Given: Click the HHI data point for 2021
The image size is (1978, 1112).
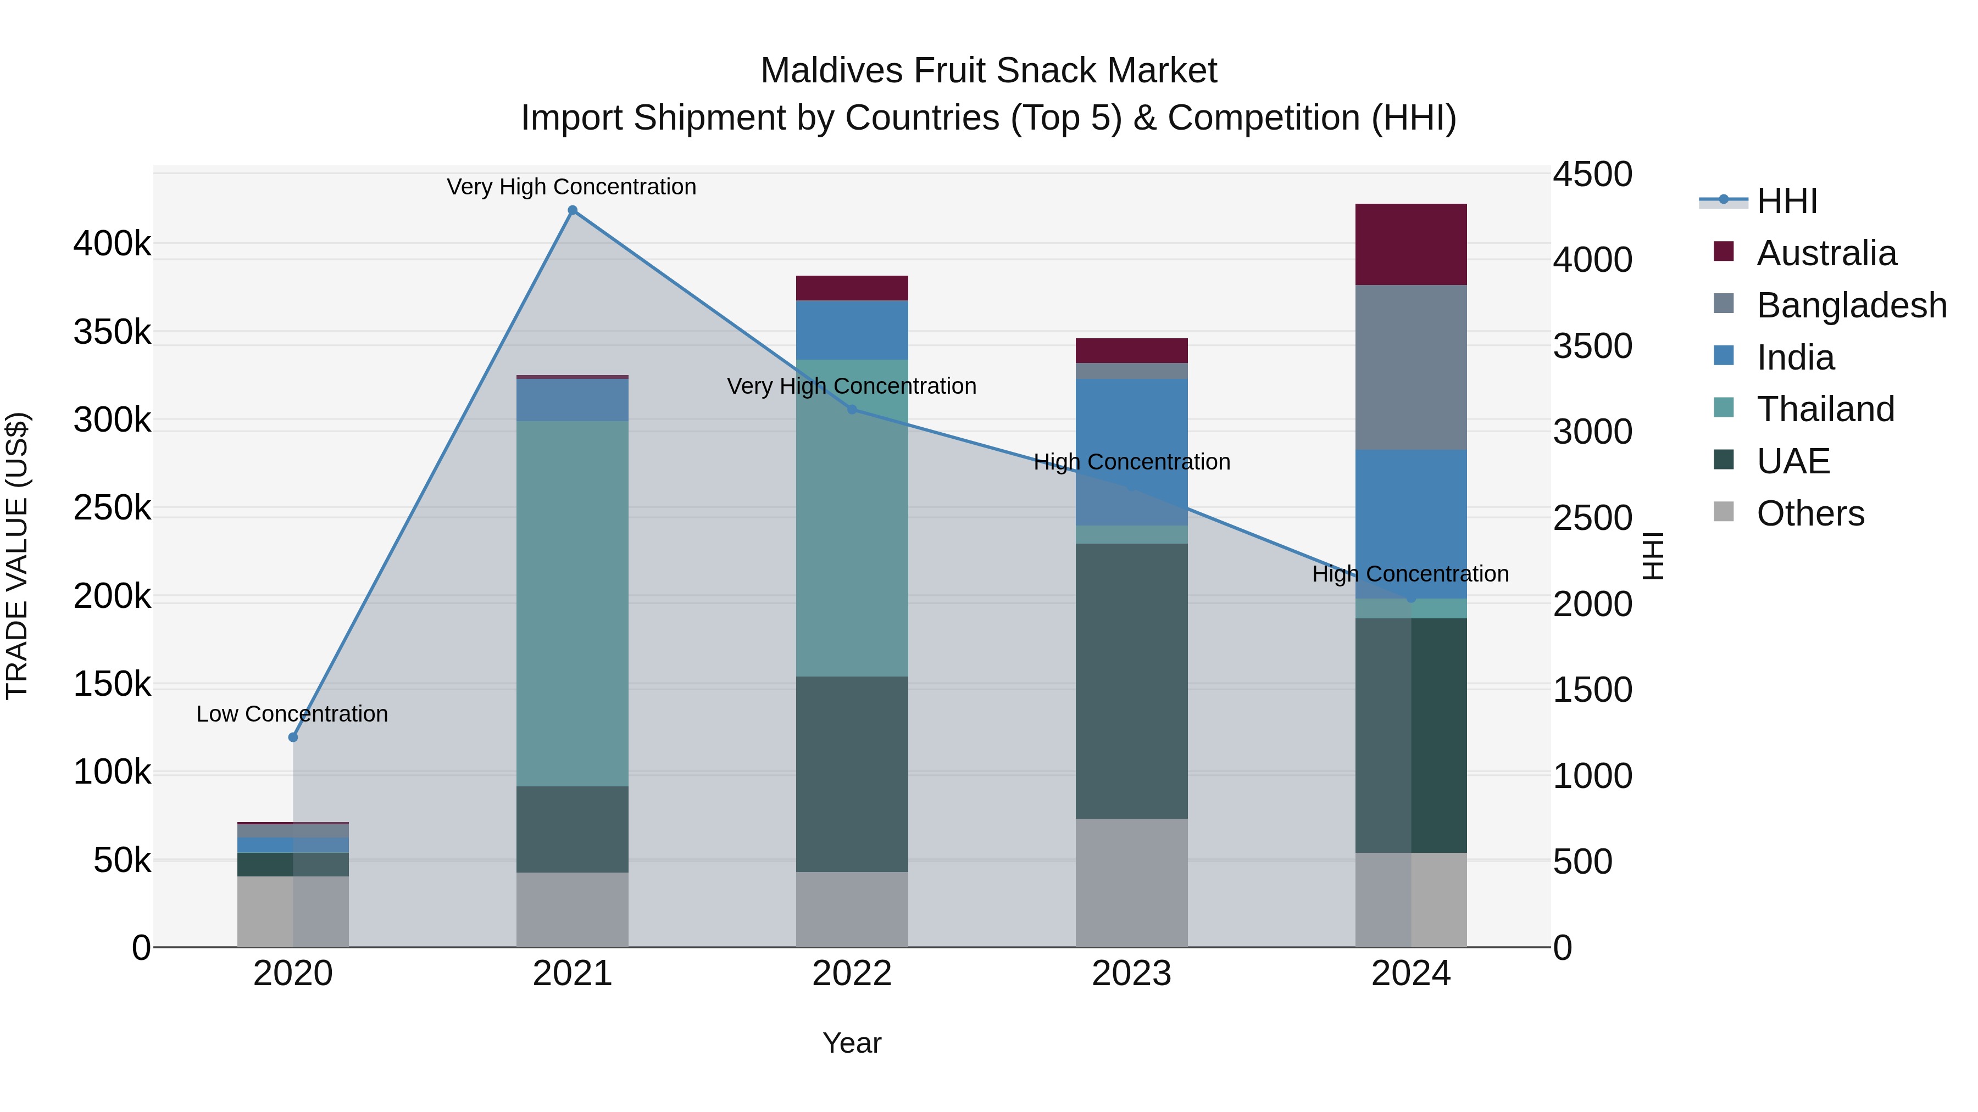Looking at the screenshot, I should click(x=572, y=210).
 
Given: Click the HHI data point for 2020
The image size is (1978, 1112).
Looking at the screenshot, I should click(x=292, y=737).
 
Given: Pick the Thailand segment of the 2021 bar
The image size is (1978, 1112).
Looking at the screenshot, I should click(x=572, y=603).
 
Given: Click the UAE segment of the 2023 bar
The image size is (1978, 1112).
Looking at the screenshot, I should click(x=1131, y=681).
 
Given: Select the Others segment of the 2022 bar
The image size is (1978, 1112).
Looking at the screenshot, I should click(x=852, y=909).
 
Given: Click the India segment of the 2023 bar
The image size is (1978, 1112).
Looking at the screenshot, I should click(x=1131, y=451).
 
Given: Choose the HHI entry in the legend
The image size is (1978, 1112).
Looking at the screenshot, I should click(x=1786, y=201).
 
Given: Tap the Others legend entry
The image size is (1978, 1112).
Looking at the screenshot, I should click(x=1809, y=513).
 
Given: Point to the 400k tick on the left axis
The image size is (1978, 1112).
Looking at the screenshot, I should click(x=112, y=244).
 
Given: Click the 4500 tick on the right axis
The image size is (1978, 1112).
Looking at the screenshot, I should click(x=1592, y=174).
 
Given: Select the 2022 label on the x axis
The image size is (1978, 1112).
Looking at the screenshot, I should click(x=852, y=974).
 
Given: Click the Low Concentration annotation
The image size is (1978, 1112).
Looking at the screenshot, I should click(x=292, y=714).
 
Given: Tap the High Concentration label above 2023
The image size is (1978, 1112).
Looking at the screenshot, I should click(x=1131, y=462).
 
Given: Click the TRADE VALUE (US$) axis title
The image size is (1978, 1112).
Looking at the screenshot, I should click(x=17, y=556).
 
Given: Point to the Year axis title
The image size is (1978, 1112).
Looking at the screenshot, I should click(x=852, y=1043).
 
